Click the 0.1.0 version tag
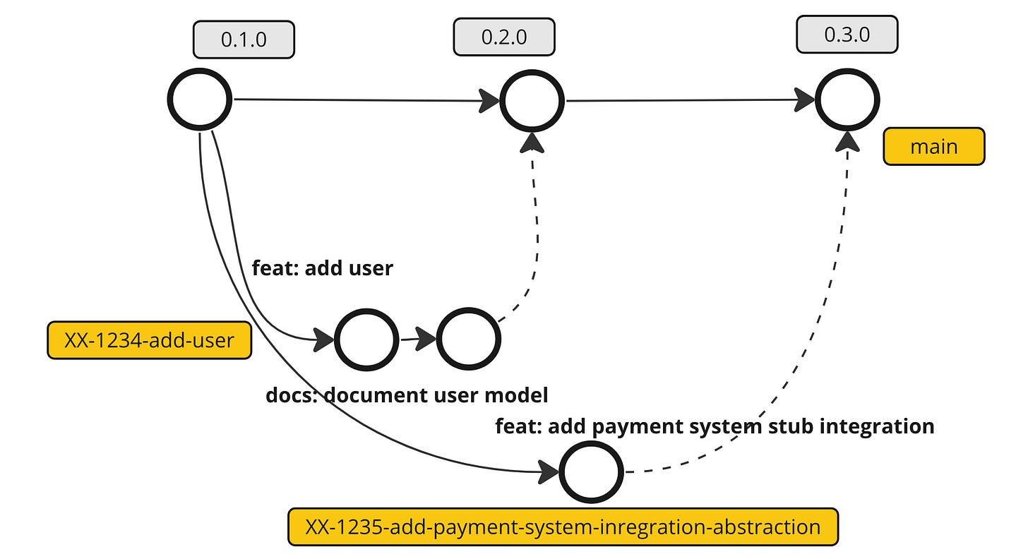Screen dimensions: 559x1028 coord(244,40)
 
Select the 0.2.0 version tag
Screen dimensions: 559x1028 coord(504,37)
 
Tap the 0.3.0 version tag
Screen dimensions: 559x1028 coord(847,35)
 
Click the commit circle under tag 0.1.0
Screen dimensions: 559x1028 coord(200,99)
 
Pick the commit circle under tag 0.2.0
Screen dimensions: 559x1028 coord(532,100)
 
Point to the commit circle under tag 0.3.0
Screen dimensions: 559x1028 coord(847,100)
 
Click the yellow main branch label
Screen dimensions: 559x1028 coord(933,147)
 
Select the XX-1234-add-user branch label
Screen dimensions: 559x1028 coord(149,341)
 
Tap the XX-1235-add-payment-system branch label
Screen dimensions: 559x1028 coord(563,527)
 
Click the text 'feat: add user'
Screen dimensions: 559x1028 coord(322,268)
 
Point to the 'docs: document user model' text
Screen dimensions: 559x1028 coord(407,395)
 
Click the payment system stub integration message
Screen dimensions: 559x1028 coord(715,426)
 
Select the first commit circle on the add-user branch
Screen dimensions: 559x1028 coord(366,339)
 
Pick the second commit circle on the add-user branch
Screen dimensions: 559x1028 coord(468,339)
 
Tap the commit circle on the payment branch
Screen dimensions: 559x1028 coord(591,472)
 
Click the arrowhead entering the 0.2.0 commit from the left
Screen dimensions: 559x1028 coord(489,100)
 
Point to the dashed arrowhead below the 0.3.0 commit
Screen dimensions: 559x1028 coord(847,141)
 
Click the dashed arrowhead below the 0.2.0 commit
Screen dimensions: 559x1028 coord(532,143)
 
